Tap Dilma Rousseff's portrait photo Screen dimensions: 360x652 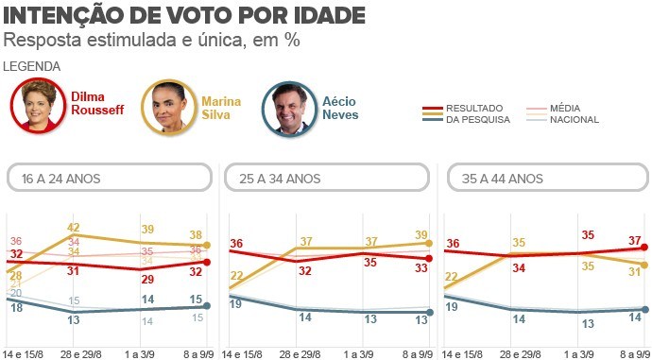38,107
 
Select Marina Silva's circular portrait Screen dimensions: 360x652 167,107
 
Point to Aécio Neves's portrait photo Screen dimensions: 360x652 288,108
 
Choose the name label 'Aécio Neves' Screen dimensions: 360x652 340,108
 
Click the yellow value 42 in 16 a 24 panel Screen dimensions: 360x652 74,227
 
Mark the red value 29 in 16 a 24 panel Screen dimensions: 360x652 147,280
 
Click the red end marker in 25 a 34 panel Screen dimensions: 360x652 429,258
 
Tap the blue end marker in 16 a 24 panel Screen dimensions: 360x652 207,306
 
